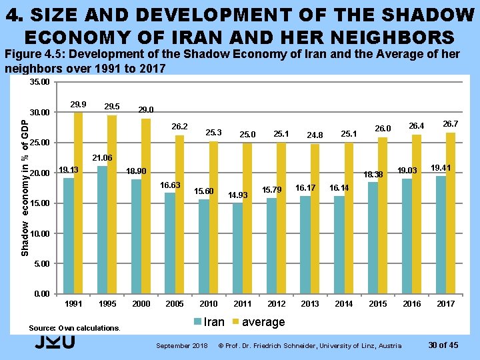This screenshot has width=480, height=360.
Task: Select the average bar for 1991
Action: (x=78, y=203)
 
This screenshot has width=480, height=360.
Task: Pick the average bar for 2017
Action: (x=451, y=213)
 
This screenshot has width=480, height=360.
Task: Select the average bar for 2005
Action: (x=179, y=214)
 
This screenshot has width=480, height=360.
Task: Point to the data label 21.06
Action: (x=103, y=158)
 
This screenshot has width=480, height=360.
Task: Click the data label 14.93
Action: (x=238, y=195)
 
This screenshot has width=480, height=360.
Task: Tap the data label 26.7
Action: (x=451, y=124)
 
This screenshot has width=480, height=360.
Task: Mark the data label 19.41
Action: (x=440, y=167)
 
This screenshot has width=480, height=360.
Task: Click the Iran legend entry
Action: (x=209, y=322)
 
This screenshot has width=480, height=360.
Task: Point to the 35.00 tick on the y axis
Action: (x=40, y=82)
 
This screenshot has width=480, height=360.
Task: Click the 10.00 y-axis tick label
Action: (x=40, y=234)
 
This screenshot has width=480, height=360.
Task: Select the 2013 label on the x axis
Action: (x=310, y=304)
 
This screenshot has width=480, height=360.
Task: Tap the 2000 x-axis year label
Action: (x=141, y=304)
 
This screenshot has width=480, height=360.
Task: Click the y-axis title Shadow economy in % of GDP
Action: (x=24, y=187)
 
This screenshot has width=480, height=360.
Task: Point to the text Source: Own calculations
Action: (x=75, y=328)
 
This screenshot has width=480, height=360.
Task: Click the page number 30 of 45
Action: (x=443, y=345)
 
